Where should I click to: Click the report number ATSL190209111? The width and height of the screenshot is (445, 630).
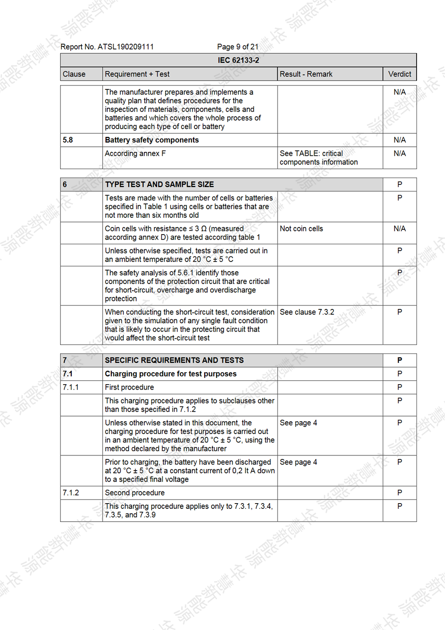pyautogui.click(x=125, y=47)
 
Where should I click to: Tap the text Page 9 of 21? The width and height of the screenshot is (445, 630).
pyautogui.click(x=238, y=47)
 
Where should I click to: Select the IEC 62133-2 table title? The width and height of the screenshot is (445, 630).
pyautogui.click(x=238, y=60)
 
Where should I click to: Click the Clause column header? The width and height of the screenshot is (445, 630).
pyautogui.click(x=74, y=74)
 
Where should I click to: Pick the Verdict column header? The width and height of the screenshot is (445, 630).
pyautogui.click(x=400, y=74)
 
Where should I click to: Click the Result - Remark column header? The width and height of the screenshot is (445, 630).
pyautogui.click(x=306, y=74)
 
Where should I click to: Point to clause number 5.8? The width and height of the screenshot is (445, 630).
pyautogui.click(x=68, y=140)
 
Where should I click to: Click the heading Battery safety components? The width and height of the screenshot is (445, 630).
pyautogui.click(x=152, y=140)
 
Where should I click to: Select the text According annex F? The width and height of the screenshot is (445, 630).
pyautogui.click(x=135, y=153)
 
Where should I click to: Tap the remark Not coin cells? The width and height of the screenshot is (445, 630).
pyautogui.click(x=301, y=228)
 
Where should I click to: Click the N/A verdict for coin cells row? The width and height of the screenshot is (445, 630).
pyautogui.click(x=400, y=228)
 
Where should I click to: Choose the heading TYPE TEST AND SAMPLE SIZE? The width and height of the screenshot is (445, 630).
pyautogui.click(x=159, y=184)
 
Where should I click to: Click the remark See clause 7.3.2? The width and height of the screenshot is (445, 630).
pyautogui.click(x=307, y=312)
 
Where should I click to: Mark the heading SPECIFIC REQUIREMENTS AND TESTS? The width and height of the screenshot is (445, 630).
pyautogui.click(x=174, y=360)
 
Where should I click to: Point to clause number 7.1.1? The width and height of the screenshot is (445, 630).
pyautogui.click(x=71, y=387)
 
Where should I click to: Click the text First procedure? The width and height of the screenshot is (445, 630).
pyautogui.click(x=129, y=387)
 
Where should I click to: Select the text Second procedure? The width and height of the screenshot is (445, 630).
pyautogui.click(x=135, y=493)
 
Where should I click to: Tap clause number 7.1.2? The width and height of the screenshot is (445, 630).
pyautogui.click(x=71, y=493)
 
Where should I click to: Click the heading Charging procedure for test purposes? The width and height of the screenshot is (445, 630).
pyautogui.click(x=171, y=374)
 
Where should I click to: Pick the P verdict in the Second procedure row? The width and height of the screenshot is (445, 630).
pyautogui.click(x=400, y=493)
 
